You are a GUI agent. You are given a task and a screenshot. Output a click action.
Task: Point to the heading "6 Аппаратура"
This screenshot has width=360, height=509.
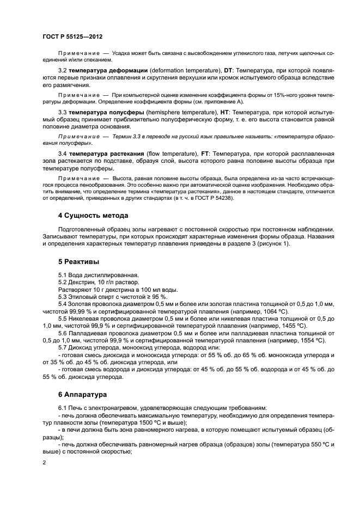coord(71,394)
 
